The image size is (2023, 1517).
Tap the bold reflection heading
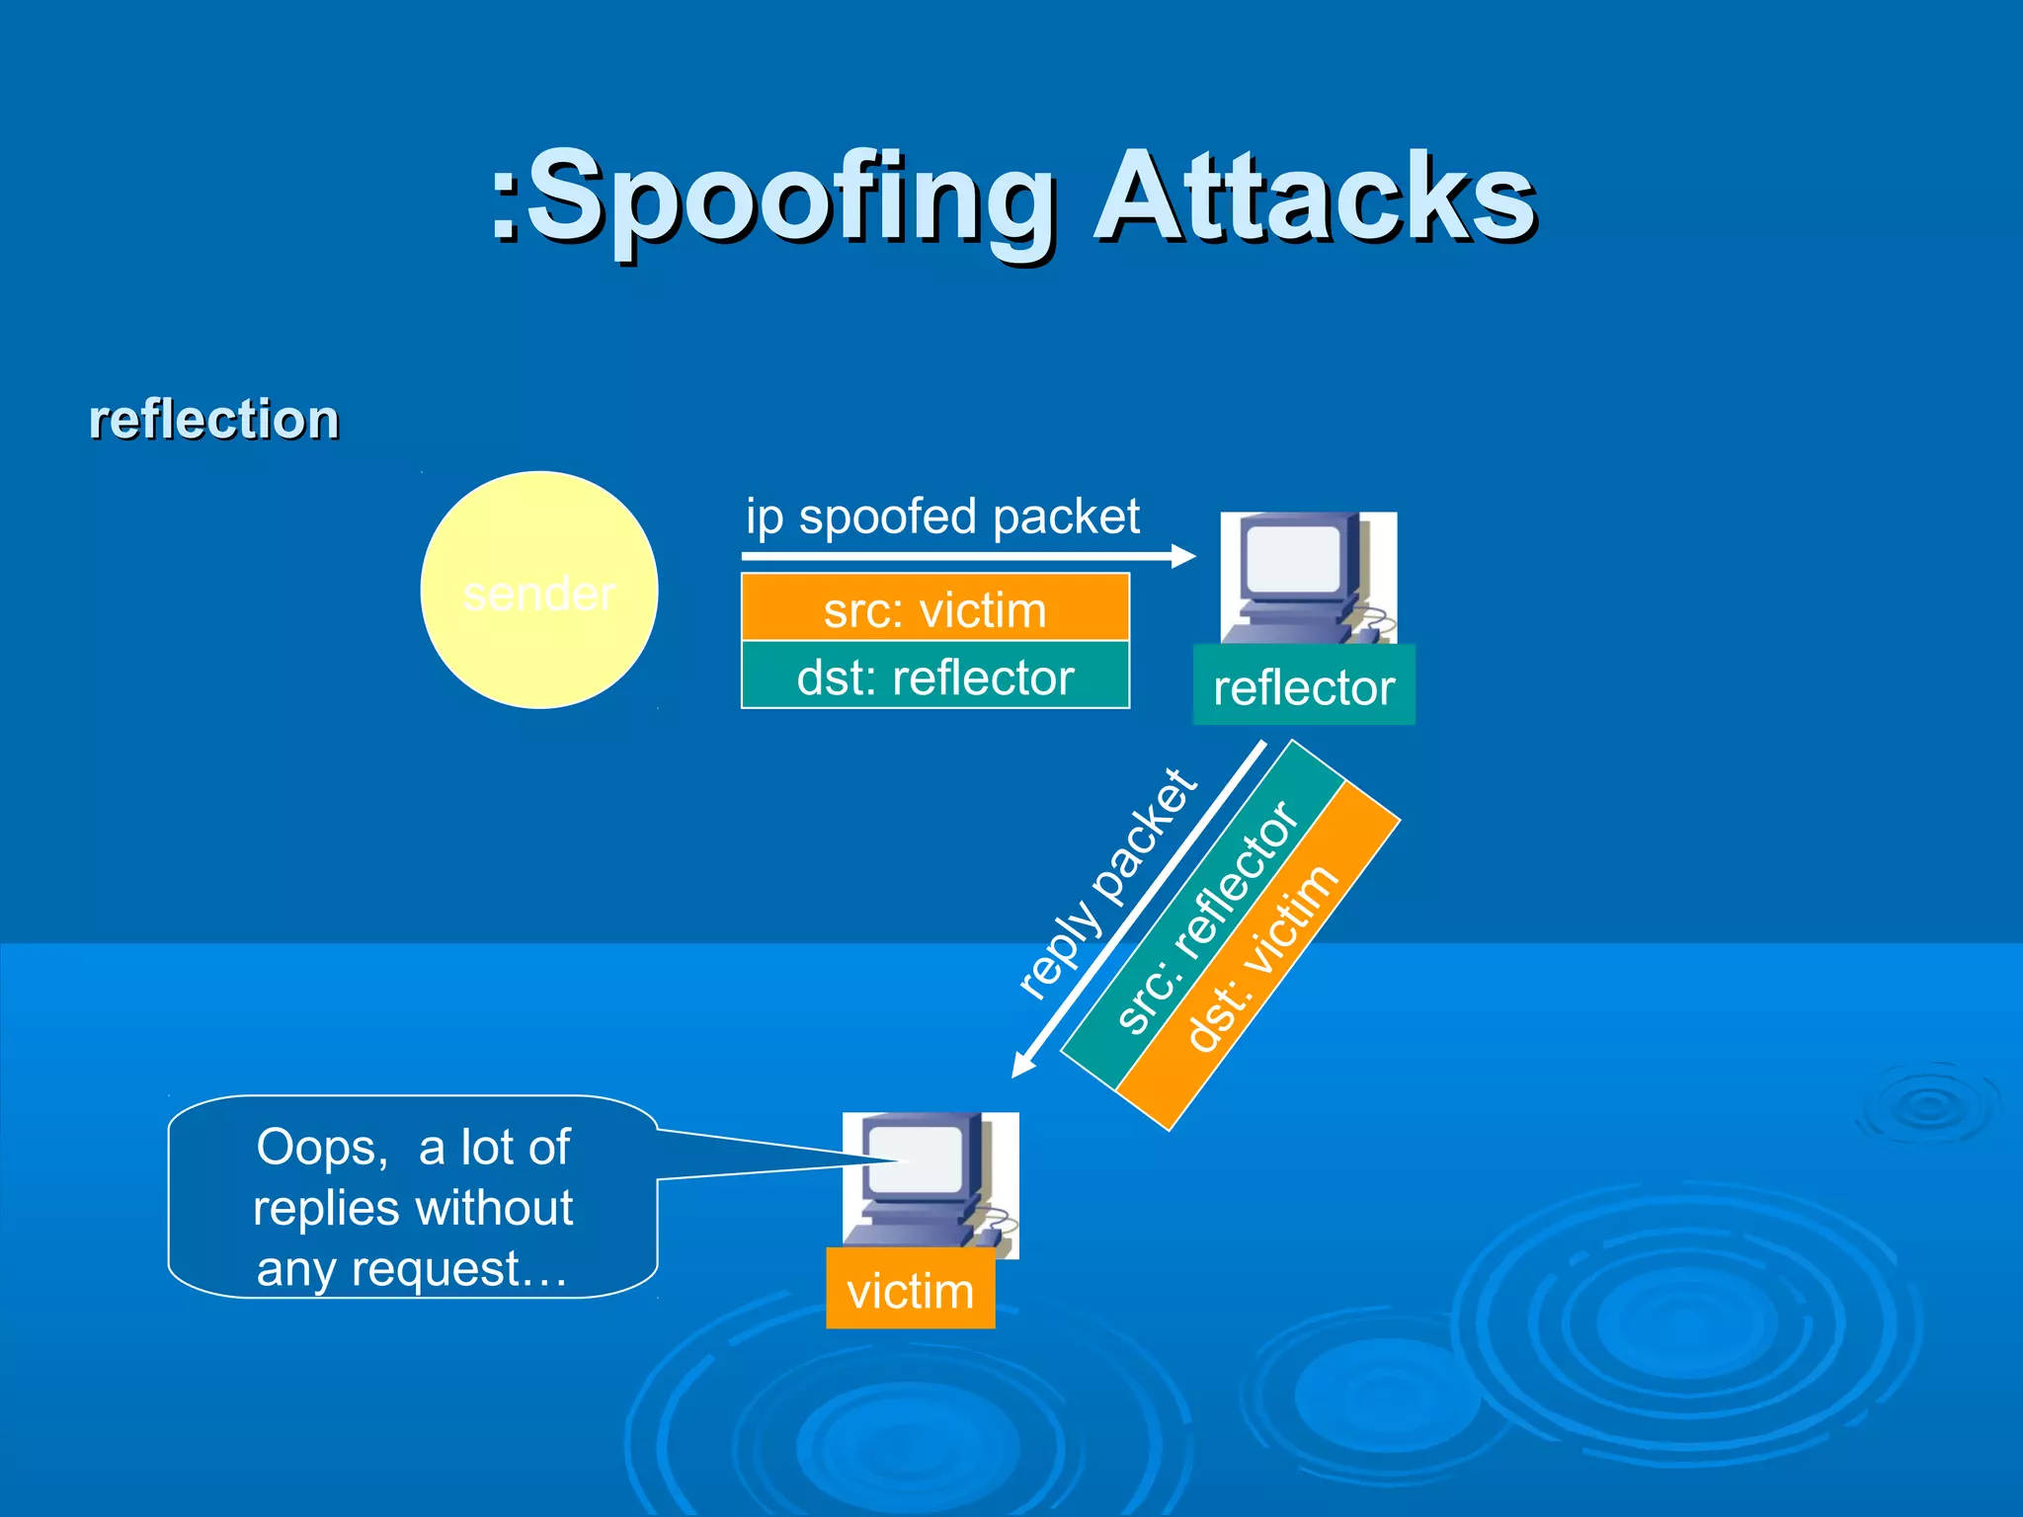[x=213, y=419]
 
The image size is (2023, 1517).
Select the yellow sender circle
[x=539, y=590]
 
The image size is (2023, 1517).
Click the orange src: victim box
[x=934, y=608]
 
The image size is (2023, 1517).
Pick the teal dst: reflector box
[x=934, y=677]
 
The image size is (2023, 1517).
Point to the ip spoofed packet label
[x=942, y=517]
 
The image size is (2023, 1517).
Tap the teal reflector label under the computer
[x=1304, y=686]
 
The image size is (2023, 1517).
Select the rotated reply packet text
[x=1106, y=884]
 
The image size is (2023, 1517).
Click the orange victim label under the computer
[x=910, y=1290]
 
